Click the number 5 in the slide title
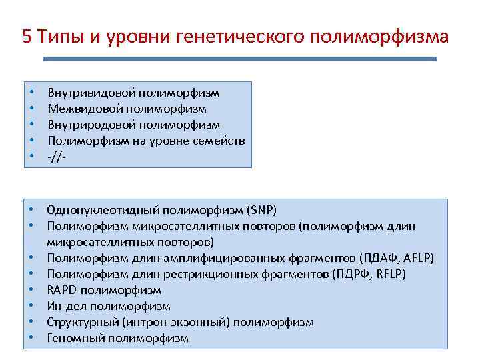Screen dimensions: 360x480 coord(27,36)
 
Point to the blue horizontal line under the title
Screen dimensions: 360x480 coord(240,59)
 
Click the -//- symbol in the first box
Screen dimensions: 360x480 coord(57,157)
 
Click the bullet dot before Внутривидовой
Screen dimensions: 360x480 coord(31,93)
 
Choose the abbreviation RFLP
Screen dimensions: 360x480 coord(390,274)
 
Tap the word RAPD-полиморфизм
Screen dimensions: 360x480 coord(104,290)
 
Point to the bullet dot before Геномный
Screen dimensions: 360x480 coord(31,338)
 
